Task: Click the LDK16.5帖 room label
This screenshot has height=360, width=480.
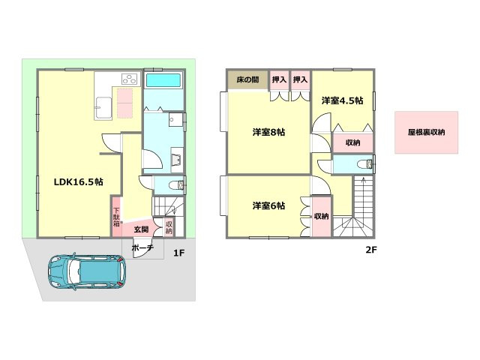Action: tap(78, 182)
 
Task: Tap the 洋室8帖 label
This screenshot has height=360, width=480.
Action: tap(268, 132)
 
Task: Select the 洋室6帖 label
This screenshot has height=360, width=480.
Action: tap(268, 205)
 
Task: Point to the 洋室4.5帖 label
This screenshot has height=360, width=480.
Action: tap(342, 100)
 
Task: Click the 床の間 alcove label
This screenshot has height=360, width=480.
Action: tap(247, 79)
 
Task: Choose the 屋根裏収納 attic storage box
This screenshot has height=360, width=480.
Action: tap(427, 132)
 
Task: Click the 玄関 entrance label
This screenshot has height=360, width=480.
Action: tap(142, 229)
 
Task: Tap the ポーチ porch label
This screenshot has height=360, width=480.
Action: tap(142, 248)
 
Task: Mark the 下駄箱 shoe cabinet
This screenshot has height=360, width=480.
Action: tap(117, 217)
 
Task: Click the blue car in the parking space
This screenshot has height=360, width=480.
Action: tap(87, 271)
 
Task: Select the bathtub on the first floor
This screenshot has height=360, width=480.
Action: tap(163, 80)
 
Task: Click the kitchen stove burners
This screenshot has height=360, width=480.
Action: tap(130, 79)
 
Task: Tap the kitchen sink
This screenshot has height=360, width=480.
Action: tap(103, 108)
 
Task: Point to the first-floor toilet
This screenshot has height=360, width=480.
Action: tap(176, 185)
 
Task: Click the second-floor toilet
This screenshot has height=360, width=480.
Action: tap(364, 164)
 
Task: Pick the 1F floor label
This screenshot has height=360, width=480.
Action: tap(179, 253)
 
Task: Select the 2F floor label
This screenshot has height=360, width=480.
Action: tap(371, 250)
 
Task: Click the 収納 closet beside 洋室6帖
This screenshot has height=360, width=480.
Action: tap(321, 217)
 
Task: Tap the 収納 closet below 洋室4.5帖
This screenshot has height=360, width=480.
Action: tap(352, 142)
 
